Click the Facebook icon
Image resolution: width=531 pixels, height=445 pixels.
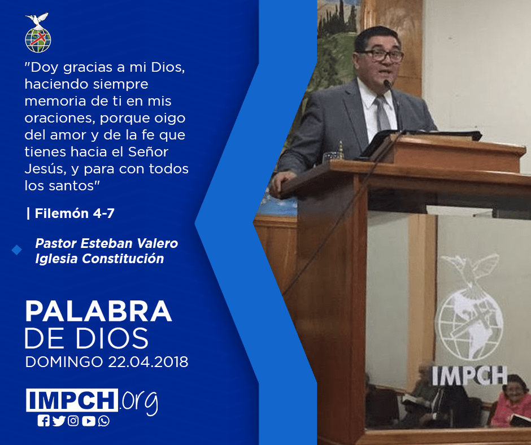pyautogui.click(x=43, y=421)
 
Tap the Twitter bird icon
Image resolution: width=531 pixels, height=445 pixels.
pyautogui.click(x=59, y=421)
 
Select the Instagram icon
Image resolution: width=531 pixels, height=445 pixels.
pyautogui.click(x=73, y=421)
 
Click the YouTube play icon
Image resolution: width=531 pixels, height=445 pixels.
pyautogui.click(x=88, y=421)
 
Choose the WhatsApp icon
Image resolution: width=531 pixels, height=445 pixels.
pyautogui.click(x=103, y=421)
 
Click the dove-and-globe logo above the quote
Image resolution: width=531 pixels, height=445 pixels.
pyautogui.click(x=38, y=33)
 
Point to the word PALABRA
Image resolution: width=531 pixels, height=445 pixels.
pyautogui.click(x=98, y=311)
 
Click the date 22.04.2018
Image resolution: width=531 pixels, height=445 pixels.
pyautogui.click(x=148, y=361)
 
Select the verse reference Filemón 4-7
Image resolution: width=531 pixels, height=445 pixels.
pyautogui.click(x=75, y=213)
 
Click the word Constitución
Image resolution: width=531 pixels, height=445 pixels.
pyautogui.click(x=123, y=259)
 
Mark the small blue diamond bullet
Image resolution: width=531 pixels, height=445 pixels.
pyautogui.click(x=16, y=250)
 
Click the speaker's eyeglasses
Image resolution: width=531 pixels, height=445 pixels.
pyautogui.click(x=380, y=55)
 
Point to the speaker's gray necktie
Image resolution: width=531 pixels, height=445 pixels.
pyautogui.click(x=382, y=114)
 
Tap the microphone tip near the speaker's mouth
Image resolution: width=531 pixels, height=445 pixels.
pyautogui.click(x=386, y=82)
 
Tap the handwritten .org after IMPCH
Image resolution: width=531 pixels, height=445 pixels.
pyautogui.click(x=138, y=402)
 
